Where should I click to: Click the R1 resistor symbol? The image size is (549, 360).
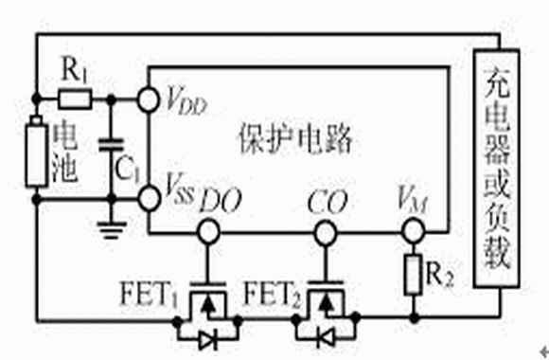[75, 99]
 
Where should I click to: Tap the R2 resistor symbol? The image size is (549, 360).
[413, 275]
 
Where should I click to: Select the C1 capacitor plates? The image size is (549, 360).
[112, 146]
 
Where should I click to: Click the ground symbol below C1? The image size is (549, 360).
[112, 230]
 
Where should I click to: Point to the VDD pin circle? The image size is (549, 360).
[149, 99]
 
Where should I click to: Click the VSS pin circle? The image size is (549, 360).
[149, 198]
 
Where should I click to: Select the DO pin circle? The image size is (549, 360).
[208, 232]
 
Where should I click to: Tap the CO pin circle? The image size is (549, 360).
[326, 232]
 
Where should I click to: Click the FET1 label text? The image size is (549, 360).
[149, 295]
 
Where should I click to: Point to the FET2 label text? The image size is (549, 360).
[272, 295]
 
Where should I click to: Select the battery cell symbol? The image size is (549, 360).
[36, 153]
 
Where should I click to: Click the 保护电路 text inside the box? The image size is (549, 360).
[295, 139]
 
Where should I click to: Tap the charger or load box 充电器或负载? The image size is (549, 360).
[496, 169]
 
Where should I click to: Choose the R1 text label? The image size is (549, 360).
[74, 70]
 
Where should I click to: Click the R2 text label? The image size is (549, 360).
[440, 275]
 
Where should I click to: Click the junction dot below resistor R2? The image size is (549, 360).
[414, 318]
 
